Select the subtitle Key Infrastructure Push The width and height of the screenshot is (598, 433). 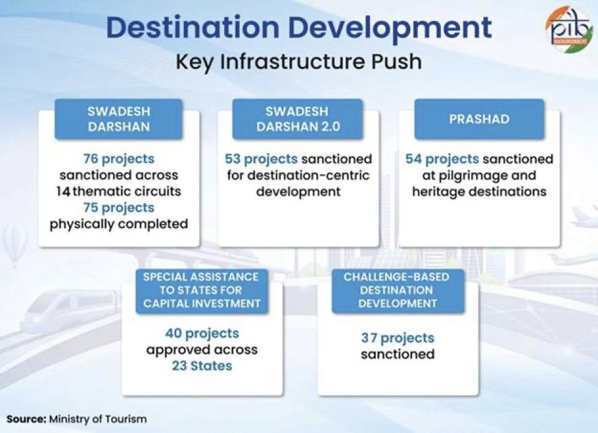(x=298, y=62)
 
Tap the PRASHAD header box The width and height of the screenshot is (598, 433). (x=479, y=119)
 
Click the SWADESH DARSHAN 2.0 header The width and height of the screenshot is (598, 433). (x=298, y=119)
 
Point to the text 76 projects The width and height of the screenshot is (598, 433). (x=119, y=159)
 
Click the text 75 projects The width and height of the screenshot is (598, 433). (x=119, y=208)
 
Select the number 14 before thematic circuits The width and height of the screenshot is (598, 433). (x=63, y=192)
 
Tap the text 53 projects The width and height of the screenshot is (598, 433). (x=261, y=159)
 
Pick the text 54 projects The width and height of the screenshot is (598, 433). (x=442, y=159)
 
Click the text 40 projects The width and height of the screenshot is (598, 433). (x=202, y=333)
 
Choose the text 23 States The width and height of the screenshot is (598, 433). (x=202, y=366)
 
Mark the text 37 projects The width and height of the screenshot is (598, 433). (x=398, y=338)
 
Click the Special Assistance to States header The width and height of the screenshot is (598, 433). (x=202, y=291)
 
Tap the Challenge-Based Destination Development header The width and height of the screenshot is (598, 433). (x=398, y=291)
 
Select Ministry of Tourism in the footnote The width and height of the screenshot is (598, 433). (x=98, y=419)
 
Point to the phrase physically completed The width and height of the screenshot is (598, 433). (x=119, y=224)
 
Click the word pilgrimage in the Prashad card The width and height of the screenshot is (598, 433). (x=468, y=176)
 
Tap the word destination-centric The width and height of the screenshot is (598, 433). (x=308, y=176)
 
